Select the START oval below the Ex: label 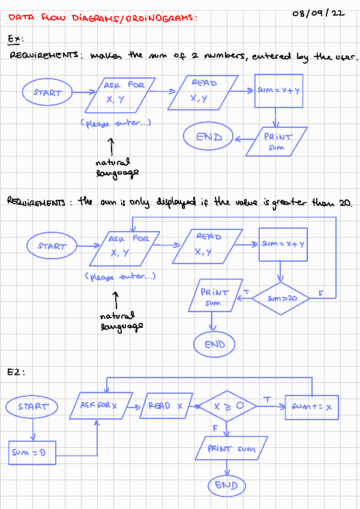point(47,92)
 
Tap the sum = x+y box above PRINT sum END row point(278,90)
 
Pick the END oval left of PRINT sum point(208,137)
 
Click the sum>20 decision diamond point(280,297)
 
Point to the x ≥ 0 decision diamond point(227,406)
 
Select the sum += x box point(311,407)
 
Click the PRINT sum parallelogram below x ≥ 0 point(231,448)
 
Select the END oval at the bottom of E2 point(226,485)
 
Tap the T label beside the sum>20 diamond point(246,292)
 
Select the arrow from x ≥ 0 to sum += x point(271,406)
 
